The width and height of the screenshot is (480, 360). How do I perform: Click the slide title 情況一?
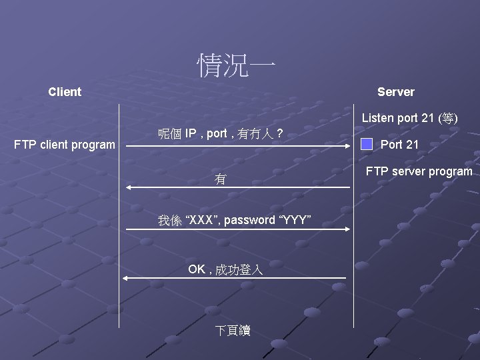click(236, 66)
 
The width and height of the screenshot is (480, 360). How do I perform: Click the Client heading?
click(65, 92)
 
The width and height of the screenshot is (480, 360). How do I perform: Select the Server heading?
click(395, 92)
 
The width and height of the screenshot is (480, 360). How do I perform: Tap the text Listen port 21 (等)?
click(409, 118)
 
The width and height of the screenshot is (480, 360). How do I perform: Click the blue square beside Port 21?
click(367, 144)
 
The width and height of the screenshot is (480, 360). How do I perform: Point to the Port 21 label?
click(399, 145)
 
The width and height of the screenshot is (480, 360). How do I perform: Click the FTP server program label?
click(419, 171)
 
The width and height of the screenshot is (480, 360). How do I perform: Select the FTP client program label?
click(65, 145)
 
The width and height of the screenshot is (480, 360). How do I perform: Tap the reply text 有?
click(220, 179)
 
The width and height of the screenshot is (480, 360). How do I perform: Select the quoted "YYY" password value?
click(294, 220)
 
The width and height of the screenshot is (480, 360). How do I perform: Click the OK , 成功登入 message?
click(225, 269)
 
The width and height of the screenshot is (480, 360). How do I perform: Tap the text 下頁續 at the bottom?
click(233, 331)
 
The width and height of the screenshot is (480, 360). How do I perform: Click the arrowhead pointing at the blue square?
click(349, 145)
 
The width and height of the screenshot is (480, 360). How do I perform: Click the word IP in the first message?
click(191, 134)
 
